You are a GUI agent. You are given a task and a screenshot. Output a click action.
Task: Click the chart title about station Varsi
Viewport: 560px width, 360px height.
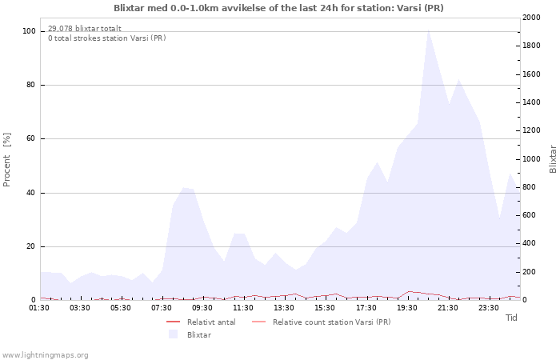point(278,8)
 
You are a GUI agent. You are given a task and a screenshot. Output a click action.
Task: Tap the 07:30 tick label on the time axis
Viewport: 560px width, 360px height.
point(162,308)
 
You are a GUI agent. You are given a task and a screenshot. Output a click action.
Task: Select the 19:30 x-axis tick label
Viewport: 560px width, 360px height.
point(406,308)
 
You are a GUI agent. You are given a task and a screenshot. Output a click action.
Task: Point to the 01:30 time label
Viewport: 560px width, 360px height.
point(39,308)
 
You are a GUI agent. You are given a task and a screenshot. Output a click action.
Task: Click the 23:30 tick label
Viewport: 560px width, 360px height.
point(489,308)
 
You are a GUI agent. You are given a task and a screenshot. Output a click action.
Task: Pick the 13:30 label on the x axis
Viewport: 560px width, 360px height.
point(284,308)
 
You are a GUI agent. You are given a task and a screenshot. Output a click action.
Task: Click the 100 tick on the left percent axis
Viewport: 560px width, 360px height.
point(29,31)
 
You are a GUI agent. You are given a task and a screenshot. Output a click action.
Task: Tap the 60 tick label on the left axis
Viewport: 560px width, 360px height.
point(31,138)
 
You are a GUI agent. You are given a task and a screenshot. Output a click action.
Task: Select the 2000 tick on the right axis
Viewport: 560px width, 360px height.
point(531,18)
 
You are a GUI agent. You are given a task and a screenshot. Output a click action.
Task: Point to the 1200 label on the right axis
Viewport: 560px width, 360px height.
point(531,130)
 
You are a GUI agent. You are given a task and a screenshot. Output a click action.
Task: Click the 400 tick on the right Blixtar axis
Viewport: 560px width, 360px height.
point(530,243)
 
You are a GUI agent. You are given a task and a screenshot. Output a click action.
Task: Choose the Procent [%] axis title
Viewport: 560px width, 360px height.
point(6,160)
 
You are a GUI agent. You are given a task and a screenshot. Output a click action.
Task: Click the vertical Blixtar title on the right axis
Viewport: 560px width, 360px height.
point(553,159)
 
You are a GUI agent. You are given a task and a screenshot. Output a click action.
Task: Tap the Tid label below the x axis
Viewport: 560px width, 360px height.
point(511,318)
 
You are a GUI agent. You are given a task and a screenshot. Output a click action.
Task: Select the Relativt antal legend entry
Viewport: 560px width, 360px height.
point(201,322)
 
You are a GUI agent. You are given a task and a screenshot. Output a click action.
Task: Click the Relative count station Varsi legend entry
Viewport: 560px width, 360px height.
point(321,322)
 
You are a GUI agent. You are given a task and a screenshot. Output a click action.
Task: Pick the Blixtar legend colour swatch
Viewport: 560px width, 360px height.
point(174,334)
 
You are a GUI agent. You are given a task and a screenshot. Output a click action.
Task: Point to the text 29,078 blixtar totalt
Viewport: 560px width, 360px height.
point(85,29)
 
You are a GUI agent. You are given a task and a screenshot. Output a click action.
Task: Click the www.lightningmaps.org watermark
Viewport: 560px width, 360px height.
point(44,355)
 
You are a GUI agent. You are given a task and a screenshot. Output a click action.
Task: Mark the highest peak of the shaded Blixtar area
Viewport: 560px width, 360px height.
point(428,30)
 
